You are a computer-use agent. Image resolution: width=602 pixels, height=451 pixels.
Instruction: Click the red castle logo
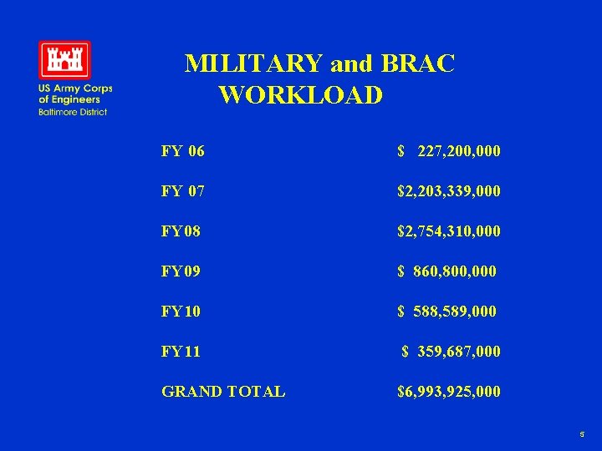click(64, 59)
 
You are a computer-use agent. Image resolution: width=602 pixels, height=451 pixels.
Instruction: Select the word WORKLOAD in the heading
click(301, 95)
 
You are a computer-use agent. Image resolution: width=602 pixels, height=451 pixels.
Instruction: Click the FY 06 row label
click(183, 151)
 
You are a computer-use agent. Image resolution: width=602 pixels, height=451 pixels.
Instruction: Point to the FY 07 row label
click(183, 191)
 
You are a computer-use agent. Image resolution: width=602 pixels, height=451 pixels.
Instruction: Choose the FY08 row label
click(181, 231)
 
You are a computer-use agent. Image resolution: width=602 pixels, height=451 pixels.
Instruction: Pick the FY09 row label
click(181, 271)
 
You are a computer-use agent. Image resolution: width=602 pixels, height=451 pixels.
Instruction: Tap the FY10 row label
click(181, 312)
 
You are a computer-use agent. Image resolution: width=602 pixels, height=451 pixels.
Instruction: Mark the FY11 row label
click(181, 352)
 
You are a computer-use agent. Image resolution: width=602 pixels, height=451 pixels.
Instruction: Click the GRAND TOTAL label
click(223, 392)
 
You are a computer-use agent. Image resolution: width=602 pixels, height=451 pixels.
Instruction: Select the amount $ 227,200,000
click(449, 151)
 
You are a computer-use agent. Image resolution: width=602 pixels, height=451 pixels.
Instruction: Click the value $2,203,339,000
click(449, 191)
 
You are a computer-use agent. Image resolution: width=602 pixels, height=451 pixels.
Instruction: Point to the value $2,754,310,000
click(449, 231)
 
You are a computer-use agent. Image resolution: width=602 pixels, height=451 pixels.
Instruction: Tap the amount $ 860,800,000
click(446, 271)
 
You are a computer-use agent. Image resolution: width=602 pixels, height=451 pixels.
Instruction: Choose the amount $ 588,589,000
click(446, 312)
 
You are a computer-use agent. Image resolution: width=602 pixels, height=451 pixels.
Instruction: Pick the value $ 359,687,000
click(451, 352)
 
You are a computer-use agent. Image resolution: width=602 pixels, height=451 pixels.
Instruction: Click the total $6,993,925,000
click(449, 392)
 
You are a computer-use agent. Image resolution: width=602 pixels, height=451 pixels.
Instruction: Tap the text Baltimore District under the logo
click(73, 112)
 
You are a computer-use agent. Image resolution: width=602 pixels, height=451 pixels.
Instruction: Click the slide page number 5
click(581, 435)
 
